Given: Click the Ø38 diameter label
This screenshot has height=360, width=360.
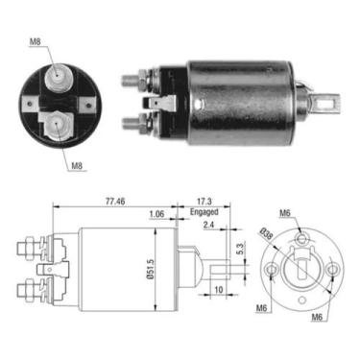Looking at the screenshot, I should click(x=264, y=233).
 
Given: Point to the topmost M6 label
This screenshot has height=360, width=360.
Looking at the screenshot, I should click(x=286, y=216).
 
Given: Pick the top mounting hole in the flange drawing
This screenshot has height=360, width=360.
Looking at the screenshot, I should click(x=301, y=237).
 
